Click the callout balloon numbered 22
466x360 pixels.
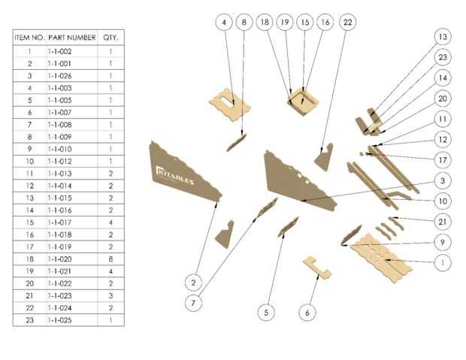pyautogui.click(x=347, y=22)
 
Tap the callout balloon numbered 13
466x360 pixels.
pyautogui.click(x=443, y=37)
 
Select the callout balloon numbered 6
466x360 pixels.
pyautogui.click(x=307, y=313)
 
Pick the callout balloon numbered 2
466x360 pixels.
pyautogui.click(x=193, y=283)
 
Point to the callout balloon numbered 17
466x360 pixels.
pyautogui.click(x=443, y=160)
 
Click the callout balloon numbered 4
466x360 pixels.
pyautogui.click(x=224, y=22)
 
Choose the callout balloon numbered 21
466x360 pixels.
pyautogui.click(x=443, y=222)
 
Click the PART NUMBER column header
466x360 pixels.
pyautogui.click(x=72, y=38)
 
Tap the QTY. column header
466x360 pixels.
pyautogui.click(x=110, y=38)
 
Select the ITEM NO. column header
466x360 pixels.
pyautogui.click(x=29, y=38)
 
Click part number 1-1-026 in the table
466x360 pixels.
pyautogui.click(x=59, y=76)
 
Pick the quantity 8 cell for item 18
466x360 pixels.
pyautogui.click(x=110, y=259)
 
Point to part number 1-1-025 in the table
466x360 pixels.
pyautogui.click(x=59, y=320)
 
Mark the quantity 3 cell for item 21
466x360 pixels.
pyautogui.click(x=110, y=295)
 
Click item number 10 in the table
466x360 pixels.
pyautogui.click(x=29, y=161)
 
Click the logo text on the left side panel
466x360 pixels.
pyautogui.click(x=174, y=175)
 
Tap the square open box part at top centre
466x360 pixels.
pyautogui.click(x=303, y=102)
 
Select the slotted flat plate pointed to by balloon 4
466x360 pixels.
pyautogui.click(x=230, y=104)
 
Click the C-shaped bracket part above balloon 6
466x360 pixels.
pyautogui.click(x=317, y=268)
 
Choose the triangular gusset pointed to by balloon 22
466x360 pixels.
pyautogui.click(x=323, y=157)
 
